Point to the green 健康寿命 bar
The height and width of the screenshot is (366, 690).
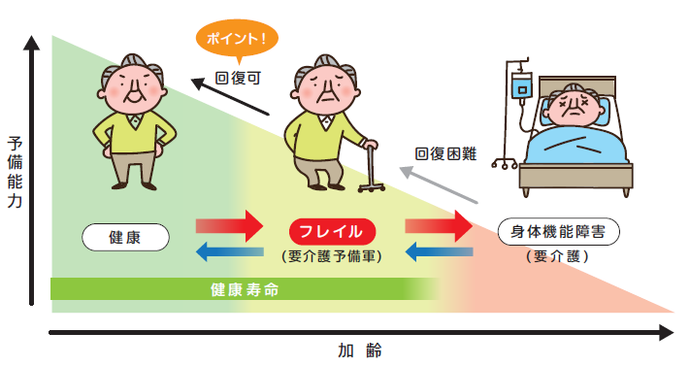[x=243, y=289]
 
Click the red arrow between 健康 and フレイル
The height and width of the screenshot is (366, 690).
[x=229, y=226]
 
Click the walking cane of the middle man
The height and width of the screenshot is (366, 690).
[x=371, y=165]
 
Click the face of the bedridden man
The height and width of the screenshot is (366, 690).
[x=574, y=106]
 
